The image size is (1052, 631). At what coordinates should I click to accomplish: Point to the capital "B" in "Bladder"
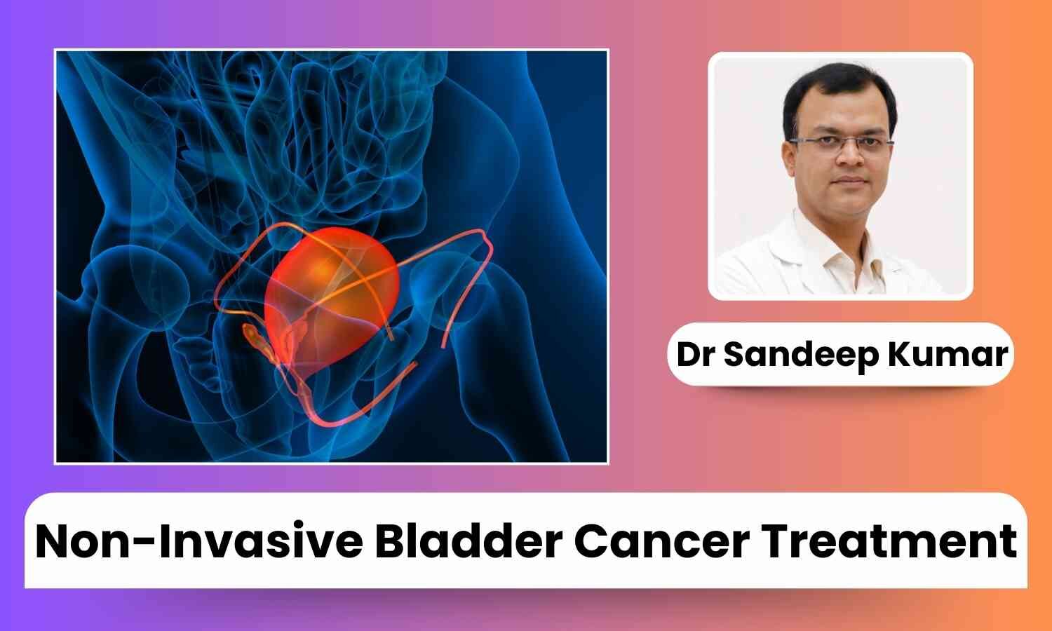[x=391, y=541]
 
